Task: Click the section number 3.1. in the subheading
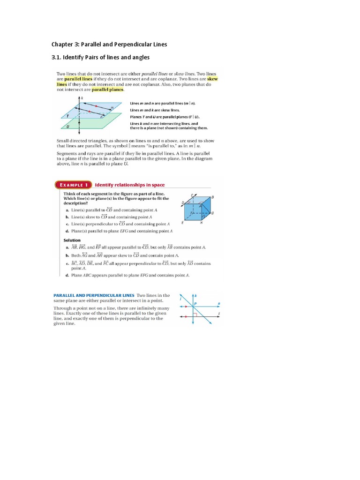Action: pos(58,58)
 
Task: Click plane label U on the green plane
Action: pos(69,127)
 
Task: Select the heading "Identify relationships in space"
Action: pos(129,185)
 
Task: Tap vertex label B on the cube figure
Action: pos(212,197)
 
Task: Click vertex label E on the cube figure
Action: pos(182,222)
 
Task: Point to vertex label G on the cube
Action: pos(212,213)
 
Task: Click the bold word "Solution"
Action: pos(72,240)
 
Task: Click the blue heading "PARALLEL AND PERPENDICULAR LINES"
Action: pos(94,295)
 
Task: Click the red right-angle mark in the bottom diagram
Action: pos(196,315)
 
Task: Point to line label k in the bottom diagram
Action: pos(195,296)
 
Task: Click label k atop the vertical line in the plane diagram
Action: pos(82,98)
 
